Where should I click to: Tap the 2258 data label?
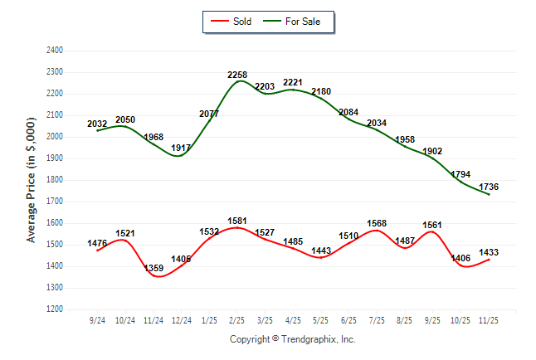pyautogui.click(x=238, y=75)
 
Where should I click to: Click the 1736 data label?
pyautogui.click(x=499, y=187)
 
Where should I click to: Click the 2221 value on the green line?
pyautogui.click(x=293, y=83)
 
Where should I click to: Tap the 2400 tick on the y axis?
pyautogui.click(x=56, y=51)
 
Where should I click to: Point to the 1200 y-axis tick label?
pyautogui.click(x=56, y=309)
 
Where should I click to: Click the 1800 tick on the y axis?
pyautogui.click(x=56, y=180)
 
